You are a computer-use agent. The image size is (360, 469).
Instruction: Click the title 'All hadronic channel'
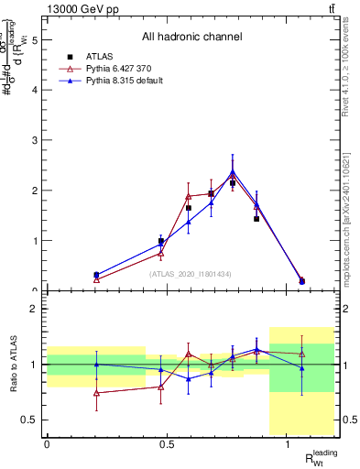[x=191, y=37]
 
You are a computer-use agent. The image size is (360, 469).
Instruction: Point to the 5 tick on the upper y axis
[x=37, y=40]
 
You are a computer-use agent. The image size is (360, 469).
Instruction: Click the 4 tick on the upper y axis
[x=37, y=90]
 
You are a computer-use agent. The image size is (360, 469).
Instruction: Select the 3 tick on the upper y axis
[x=37, y=140]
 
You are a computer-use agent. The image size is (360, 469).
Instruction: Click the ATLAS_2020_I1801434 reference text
[x=191, y=273]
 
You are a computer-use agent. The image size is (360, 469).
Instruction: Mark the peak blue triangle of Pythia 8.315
[x=233, y=171]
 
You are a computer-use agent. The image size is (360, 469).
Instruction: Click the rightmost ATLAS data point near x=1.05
[x=301, y=280]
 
